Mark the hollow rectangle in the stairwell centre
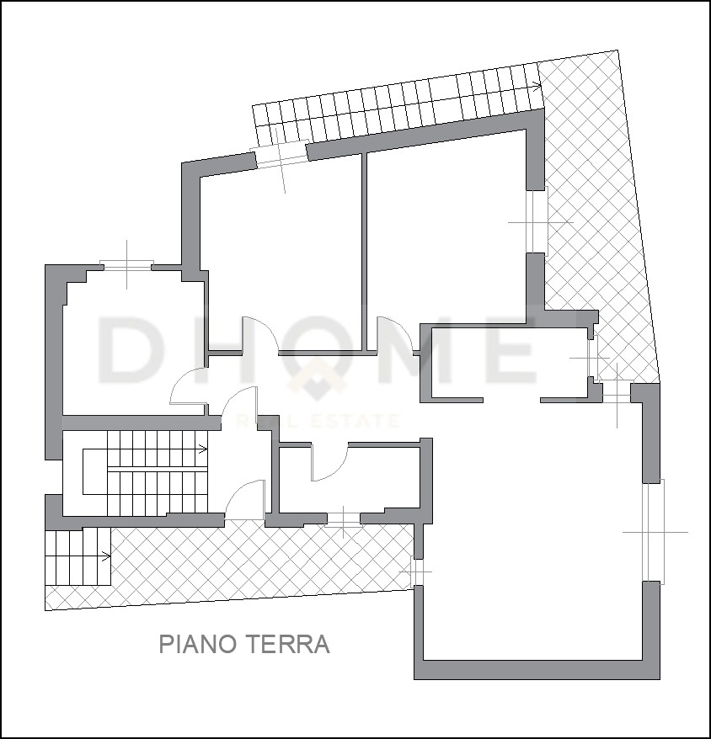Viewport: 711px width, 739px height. tap(95, 471)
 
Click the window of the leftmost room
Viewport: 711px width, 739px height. tap(127, 264)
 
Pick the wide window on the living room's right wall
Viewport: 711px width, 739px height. tap(655, 531)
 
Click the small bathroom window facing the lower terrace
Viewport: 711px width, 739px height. tap(344, 519)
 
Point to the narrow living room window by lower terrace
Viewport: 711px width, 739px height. tap(415, 572)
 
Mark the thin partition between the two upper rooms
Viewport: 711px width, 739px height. tap(364, 252)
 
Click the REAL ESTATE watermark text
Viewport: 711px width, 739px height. tap(318, 420)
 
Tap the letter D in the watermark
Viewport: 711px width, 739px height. tap(128, 349)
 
